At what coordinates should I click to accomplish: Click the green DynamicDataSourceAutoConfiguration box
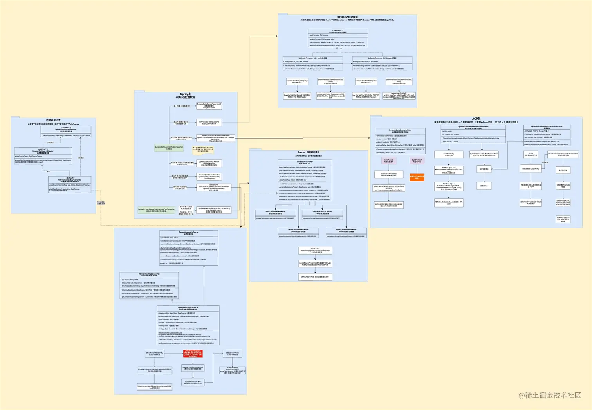[x=169, y=148]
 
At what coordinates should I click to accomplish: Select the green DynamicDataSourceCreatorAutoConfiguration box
[x=156, y=210]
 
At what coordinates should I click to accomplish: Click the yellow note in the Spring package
[x=203, y=149]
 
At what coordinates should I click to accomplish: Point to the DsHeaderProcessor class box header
[x=312, y=58]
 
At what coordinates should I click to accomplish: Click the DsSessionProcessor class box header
[x=382, y=58]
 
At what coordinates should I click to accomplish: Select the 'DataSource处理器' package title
[x=347, y=17]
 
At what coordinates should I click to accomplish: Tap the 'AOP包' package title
[x=476, y=119]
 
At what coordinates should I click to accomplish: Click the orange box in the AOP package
[x=417, y=177]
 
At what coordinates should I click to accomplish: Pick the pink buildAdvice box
[x=388, y=161]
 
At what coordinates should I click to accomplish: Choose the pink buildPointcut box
[x=417, y=161]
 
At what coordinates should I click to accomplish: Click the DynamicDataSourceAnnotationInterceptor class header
[x=547, y=127]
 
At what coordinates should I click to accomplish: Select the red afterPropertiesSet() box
[x=193, y=354]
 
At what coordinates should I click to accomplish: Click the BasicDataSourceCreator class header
[x=275, y=212]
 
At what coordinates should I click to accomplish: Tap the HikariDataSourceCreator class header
[x=346, y=230]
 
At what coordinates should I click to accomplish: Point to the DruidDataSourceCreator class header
[x=298, y=230]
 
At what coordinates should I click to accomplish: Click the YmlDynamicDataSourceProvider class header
[x=70, y=180]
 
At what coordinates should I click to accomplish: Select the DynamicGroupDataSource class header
[x=189, y=233]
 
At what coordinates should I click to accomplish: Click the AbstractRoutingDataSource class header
[x=149, y=275]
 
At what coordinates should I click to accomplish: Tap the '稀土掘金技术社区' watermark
[x=550, y=395]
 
